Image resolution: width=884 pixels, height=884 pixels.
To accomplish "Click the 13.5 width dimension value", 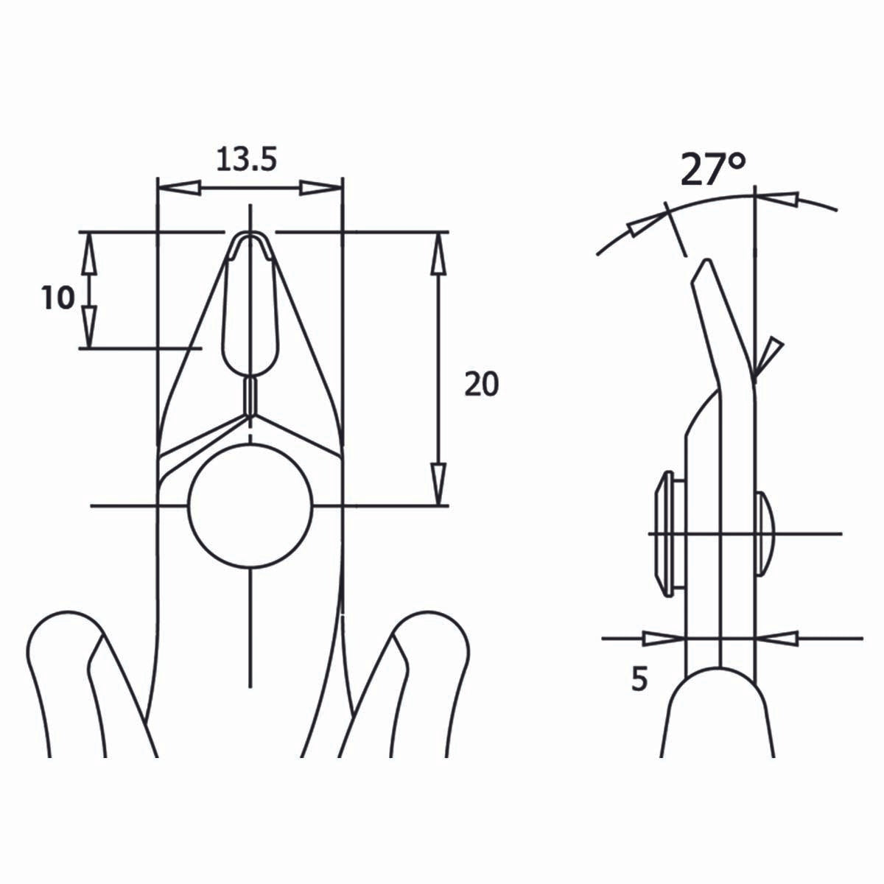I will (246, 159).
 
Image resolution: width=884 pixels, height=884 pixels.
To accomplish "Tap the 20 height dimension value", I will (482, 384).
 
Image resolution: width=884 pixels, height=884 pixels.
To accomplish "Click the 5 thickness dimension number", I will (639, 679).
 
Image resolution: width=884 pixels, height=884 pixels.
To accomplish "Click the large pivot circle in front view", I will (250, 506).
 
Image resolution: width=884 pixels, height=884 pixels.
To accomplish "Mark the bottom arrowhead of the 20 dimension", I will (439, 483).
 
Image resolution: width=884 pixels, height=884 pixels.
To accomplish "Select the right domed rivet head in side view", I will (764, 532).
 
